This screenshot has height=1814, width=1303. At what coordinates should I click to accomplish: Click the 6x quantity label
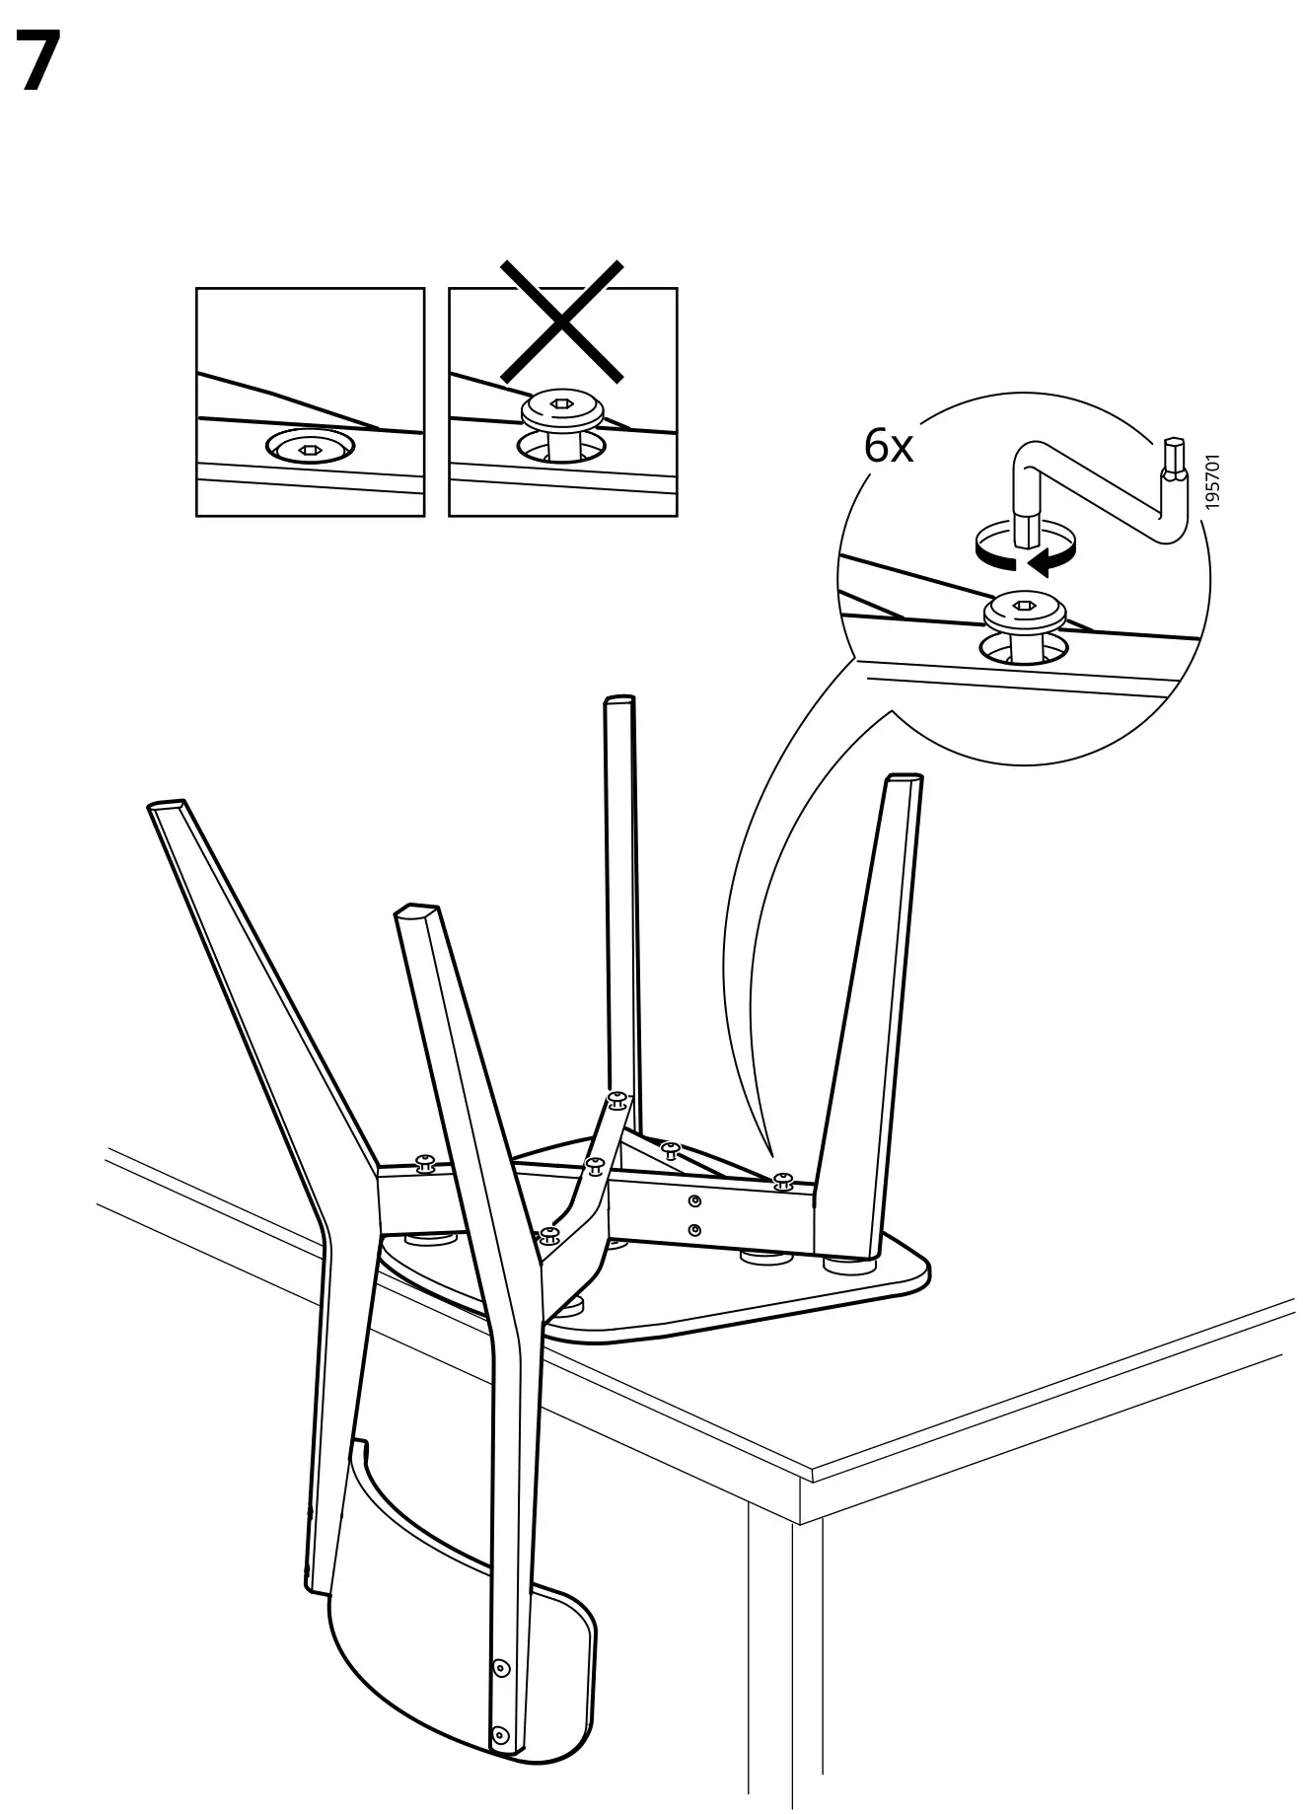pyautogui.click(x=888, y=447)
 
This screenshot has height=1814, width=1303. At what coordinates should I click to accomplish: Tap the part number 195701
pyautogui.click(x=1213, y=481)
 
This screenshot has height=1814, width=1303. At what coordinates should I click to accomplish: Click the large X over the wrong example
pyautogui.click(x=562, y=321)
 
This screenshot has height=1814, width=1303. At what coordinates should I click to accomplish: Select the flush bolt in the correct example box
pyautogui.click(x=310, y=449)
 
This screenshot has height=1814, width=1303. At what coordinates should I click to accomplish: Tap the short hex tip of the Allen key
pyautogui.click(x=1173, y=459)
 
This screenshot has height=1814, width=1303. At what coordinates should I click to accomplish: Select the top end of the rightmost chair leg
pyautogui.click(x=905, y=779)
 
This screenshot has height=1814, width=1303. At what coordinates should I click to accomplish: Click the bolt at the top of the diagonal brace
pyautogui.click(x=617, y=1098)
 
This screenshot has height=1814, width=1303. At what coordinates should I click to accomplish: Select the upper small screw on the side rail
pyautogui.click(x=695, y=1199)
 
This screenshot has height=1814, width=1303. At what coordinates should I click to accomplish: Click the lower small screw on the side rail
pyautogui.click(x=695, y=1229)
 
